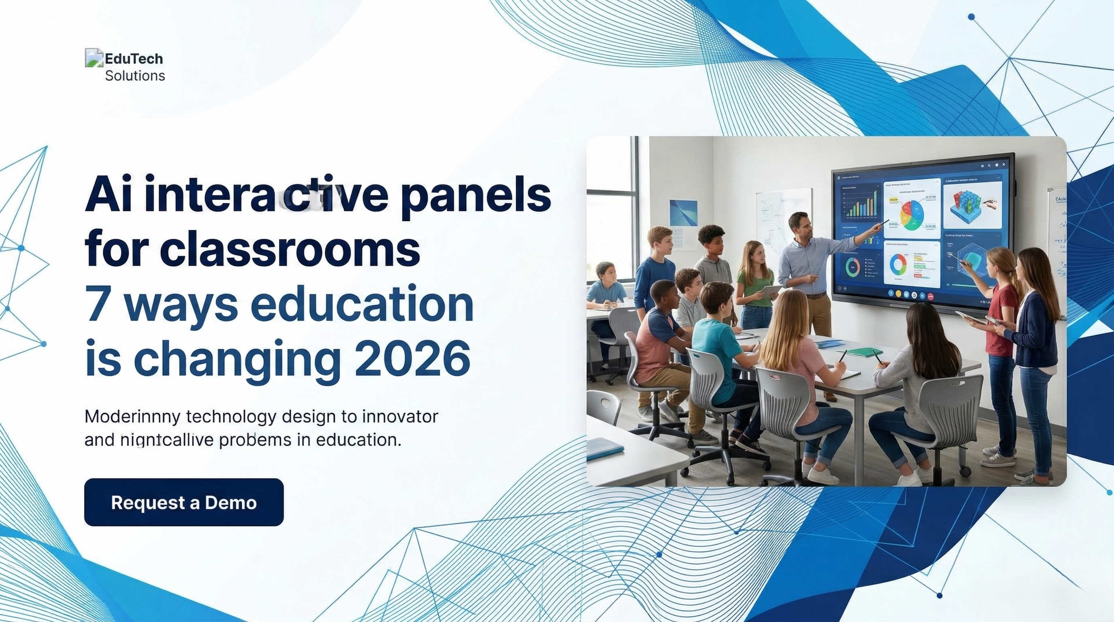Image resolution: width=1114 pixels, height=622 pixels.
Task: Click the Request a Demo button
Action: point(184,502)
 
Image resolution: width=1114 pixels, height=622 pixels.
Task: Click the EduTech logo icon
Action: point(94,58)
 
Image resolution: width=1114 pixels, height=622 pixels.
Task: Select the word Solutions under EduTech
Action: point(135,76)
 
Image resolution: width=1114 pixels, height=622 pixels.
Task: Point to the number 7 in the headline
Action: point(98,304)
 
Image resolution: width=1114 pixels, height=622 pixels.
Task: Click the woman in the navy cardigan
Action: point(1036,329)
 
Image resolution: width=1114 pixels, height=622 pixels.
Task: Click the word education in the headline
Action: point(361,304)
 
